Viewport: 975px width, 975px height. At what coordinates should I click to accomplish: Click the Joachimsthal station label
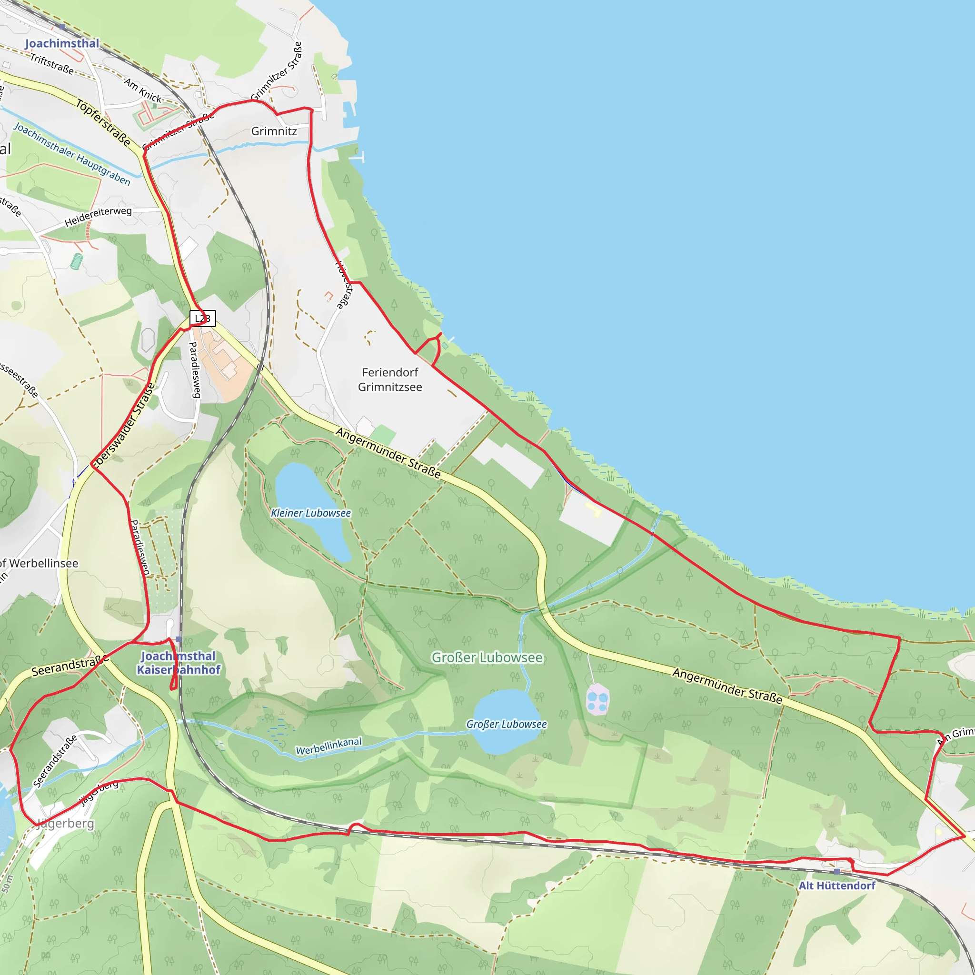point(62,43)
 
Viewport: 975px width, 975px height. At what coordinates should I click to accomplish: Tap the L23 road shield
point(202,318)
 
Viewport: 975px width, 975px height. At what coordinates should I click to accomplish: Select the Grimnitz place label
point(274,131)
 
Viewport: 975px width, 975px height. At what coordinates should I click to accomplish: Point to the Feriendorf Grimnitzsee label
point(390,379)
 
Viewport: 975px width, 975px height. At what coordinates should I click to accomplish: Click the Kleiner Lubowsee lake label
point(311,513)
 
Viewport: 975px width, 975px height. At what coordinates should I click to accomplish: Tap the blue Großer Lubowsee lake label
point(506,724)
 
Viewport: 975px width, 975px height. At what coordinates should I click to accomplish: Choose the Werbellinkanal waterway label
point(328,746)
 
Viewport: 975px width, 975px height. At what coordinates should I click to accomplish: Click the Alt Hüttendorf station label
point(837,885)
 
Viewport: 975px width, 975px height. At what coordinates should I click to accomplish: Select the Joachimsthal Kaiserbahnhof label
point(179,663)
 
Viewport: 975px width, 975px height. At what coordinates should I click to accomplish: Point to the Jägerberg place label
point(65,824)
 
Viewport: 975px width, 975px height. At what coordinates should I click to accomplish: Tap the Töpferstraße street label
point(103,123)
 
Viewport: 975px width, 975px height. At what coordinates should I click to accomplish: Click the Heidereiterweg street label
point(98,217)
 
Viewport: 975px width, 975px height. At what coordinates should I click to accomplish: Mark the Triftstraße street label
point(52,64)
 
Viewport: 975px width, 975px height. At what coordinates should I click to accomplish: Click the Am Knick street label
point(143,90)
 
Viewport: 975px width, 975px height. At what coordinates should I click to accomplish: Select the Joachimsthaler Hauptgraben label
point(72,154)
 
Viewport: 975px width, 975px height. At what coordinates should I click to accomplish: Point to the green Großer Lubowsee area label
point(487,657)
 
